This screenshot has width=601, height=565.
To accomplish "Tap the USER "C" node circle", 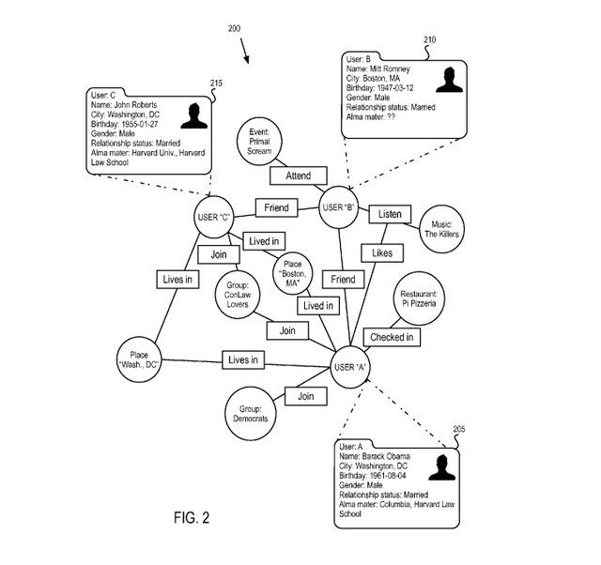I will [x=214, y=218].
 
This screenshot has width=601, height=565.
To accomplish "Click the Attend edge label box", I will [x=298, y=176].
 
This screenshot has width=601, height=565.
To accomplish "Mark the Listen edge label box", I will [x=390, y=214].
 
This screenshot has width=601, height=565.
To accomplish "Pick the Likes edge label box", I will [x=383, y=252].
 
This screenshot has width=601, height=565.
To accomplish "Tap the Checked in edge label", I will [x=391, y=336].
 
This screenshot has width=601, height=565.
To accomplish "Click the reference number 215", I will [x=216, y=84].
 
